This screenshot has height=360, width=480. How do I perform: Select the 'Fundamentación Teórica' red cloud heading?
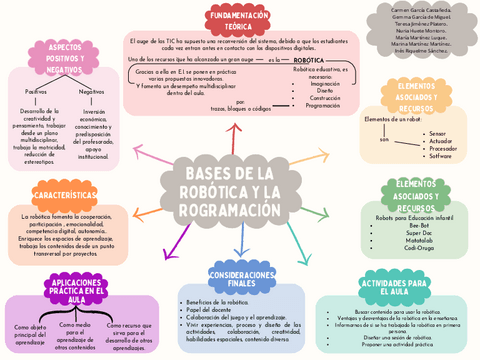[x=241, y=21]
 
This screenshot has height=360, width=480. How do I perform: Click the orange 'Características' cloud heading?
[x=65, y=195]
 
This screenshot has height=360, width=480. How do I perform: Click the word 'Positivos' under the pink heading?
[x=35, y=91]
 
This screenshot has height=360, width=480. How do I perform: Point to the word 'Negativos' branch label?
[x=92, y=91]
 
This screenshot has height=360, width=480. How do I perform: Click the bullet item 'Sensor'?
[x=439, y=133]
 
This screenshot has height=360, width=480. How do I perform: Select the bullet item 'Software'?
[x=441, y=156]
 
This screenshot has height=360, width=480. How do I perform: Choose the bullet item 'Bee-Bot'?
[x=420, y=225]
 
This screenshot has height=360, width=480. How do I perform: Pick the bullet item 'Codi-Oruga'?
[x=420, y=248]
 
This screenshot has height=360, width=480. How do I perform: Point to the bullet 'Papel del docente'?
[x=208, y=310]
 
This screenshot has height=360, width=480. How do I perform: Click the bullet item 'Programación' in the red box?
[x=323, y=105]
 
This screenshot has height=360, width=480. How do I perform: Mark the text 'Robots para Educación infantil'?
[x=414, y=217]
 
